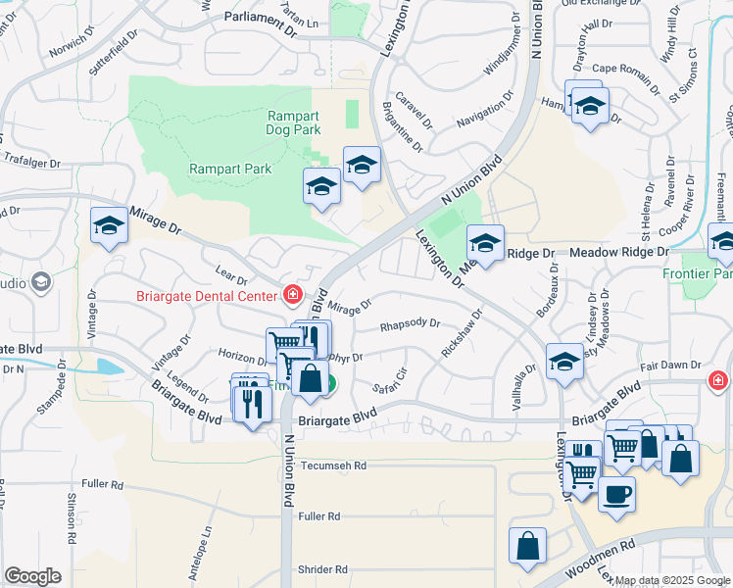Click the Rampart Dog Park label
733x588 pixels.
click(x=294, y=122)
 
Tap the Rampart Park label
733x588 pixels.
click(x=229, y=169)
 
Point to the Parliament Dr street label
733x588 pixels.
click(x=260, y=18)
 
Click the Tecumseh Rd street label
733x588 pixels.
click(x=333, y=466)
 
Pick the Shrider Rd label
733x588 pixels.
click(x=322, y=569)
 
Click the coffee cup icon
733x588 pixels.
click(x=616, y=494)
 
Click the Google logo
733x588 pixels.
click(x=32, y=575)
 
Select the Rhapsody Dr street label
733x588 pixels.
click(x=411, y=324)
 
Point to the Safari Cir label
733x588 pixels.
click(x=389, y=379)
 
